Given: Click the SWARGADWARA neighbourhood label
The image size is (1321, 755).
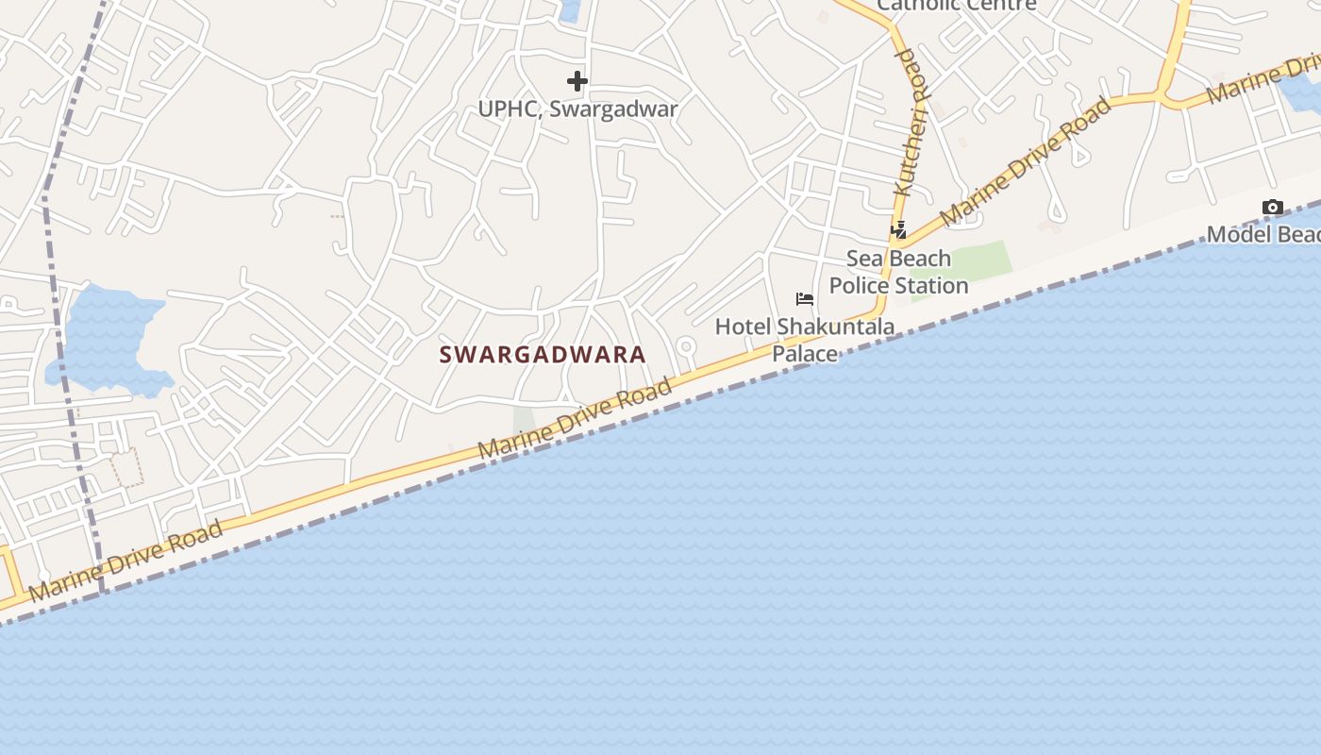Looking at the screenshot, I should click(x=543, y=355).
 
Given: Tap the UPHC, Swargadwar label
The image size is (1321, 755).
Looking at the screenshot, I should click(x=577, y=109).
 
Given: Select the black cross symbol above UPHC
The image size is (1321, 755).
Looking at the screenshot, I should click(x=577, y=81).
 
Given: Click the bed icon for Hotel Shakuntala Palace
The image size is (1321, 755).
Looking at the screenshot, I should click(x=805, y=299).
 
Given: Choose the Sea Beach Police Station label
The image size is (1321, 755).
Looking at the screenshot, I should click(x=898, y=272).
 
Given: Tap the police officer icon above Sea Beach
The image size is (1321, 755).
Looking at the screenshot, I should click(x=898, y=229).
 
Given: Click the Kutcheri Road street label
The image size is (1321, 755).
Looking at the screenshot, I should click(x=911, y=123).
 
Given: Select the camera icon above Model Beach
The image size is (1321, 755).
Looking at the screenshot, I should click(x=1272, y=208).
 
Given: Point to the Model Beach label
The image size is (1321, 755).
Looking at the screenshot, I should click(x=1262, y=234).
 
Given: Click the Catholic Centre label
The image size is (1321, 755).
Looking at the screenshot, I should click(x=956, y=5).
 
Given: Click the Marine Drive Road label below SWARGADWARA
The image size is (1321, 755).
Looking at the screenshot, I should click(x=576, y=418).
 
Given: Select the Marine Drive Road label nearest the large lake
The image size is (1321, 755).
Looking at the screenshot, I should click(x=126, y=561).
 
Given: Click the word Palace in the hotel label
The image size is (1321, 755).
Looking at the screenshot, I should click(x=805, y=354).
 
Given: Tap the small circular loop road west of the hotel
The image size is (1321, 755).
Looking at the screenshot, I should click(x=686, y=348).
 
